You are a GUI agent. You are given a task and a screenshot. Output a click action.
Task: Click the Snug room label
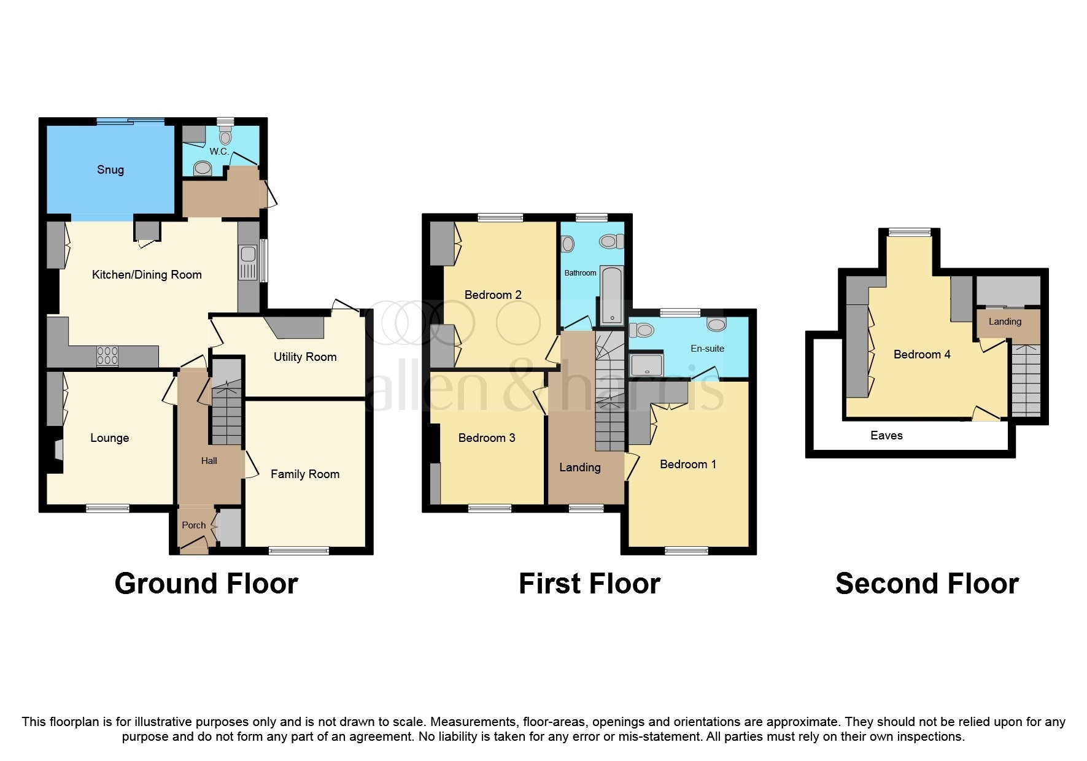[110, 170]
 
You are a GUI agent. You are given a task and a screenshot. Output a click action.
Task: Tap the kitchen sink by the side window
[248, 253]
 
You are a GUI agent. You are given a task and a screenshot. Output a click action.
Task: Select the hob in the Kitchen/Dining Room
[107, 356]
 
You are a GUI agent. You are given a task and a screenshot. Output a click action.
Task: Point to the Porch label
[194, 525]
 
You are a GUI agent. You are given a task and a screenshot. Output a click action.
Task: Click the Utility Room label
[305, 357]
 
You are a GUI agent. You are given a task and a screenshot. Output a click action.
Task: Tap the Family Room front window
[299, 551]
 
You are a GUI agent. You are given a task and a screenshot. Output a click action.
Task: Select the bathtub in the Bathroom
[611, 295]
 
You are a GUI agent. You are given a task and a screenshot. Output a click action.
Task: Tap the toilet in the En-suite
[642, 330]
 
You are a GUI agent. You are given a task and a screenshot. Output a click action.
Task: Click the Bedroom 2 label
[493, 295]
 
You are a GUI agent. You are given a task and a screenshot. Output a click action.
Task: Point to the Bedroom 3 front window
[490, 508]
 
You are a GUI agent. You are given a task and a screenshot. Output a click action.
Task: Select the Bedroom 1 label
[687, 465]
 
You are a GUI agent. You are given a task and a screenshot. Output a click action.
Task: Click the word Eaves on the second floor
[886, 436]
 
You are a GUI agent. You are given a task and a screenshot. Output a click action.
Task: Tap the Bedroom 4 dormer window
[910, 232]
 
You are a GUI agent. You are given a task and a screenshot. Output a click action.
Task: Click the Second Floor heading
[927, 584]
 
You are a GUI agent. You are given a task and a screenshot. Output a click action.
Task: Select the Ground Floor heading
[206, 584]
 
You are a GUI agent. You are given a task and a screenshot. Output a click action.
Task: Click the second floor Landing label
[1005, 322]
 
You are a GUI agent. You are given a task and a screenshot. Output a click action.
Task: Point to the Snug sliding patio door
[131, 122]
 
